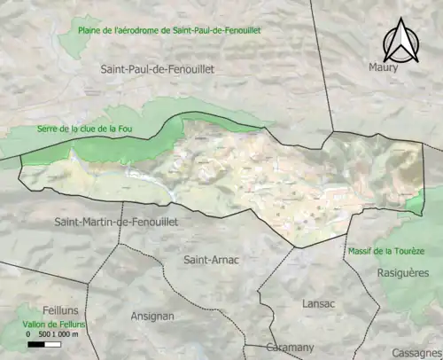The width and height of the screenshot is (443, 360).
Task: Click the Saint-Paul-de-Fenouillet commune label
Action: (x=158, y=68)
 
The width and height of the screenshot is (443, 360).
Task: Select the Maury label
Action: (x=384, y=67)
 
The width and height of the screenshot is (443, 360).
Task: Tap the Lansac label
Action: (x=318, y=302)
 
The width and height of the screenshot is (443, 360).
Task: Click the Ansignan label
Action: (x=152, y=316)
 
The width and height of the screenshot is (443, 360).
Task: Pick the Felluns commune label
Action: (x=32, y=310)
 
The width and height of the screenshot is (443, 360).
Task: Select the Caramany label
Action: (x=290, y=348)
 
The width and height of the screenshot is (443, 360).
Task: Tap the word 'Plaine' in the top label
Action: (x=91, y=30)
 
